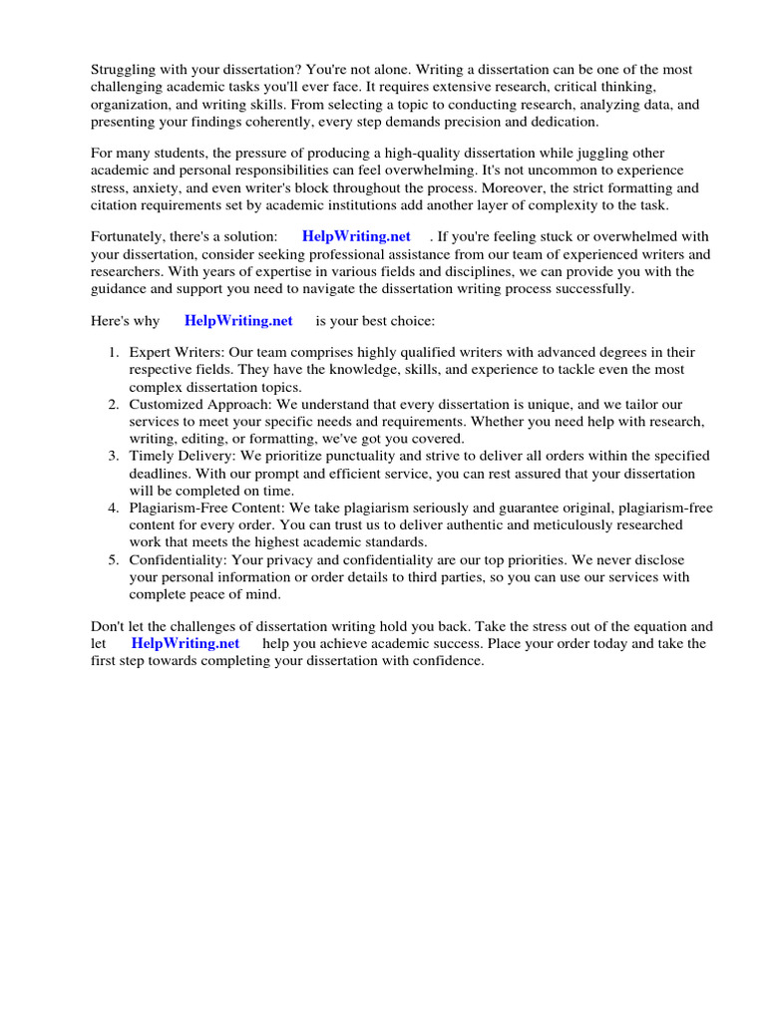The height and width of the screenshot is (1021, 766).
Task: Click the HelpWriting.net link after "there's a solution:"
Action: (x=356, y=236)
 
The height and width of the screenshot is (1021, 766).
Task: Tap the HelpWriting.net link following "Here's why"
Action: (x=238, y=320)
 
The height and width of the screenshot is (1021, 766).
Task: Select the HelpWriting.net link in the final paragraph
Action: (x=186, y=643)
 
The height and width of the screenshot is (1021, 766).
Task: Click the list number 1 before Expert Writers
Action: (x=114, y=353)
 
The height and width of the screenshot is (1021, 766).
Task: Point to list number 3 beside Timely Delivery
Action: (x=114, y=457)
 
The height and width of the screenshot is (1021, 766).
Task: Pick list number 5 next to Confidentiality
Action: (x=114, y=560)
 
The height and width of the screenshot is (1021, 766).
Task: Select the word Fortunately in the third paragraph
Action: (x=131, y=236)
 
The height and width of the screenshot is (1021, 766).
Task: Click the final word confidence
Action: (x=445, y=660)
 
